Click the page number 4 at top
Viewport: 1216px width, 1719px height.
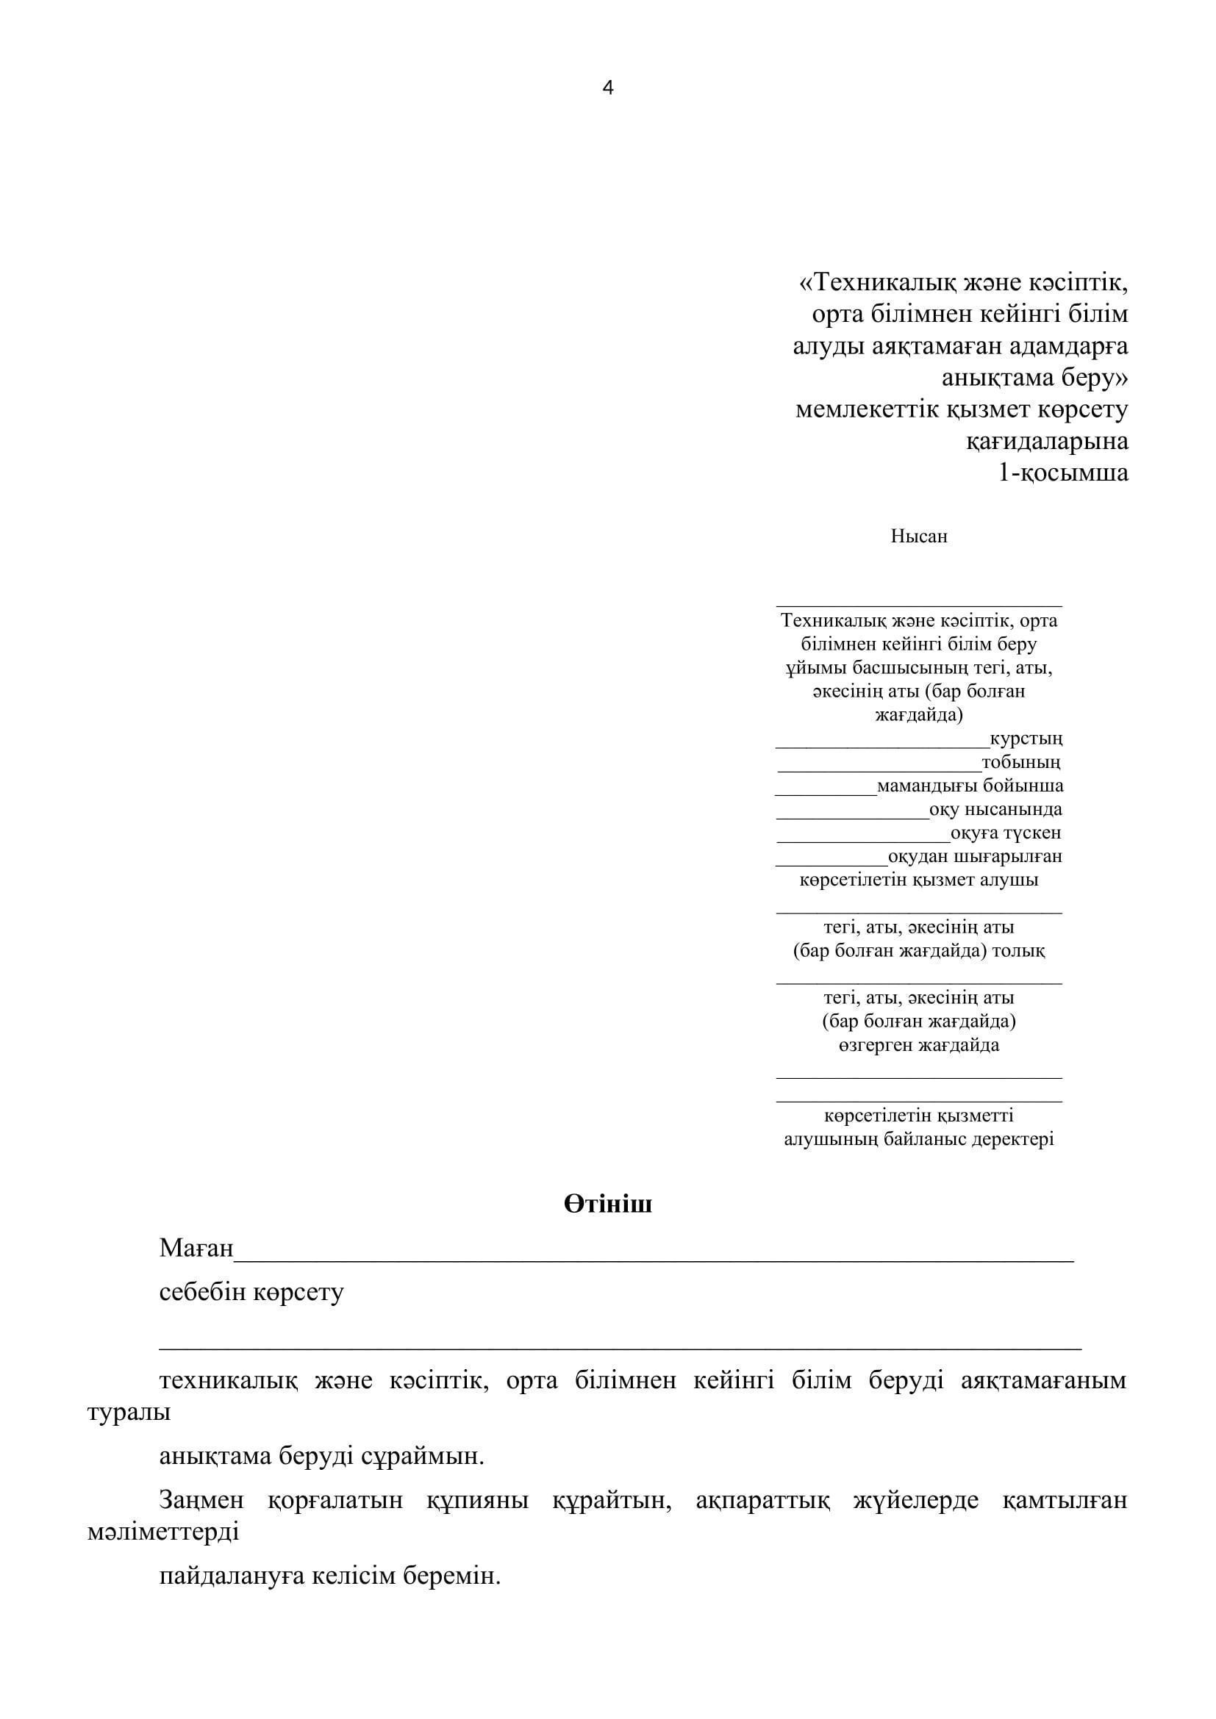[607, 88]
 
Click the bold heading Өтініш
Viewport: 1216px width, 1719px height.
[607, 1203]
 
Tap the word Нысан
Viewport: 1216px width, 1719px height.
[919, 536]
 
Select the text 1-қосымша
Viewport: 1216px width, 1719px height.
[1063, 473]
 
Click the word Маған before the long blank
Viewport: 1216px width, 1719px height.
[196, 1248]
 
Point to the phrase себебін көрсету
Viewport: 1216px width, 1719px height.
[251, 1292]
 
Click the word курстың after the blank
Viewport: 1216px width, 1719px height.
[1026, 739]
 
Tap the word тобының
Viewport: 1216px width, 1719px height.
[1021, 763]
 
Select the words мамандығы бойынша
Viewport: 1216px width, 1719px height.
[970, 786]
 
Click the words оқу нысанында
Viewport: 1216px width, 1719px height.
[995, 809]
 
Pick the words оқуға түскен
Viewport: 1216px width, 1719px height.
[1006, 833]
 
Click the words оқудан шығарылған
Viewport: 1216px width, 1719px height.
[975, 855]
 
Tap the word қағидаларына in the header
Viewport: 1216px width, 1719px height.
[1047, 442]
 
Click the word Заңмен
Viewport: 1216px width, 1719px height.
[201, 1501]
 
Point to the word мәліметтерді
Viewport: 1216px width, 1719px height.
[162, 1532]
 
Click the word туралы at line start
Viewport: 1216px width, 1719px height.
[129, 1412]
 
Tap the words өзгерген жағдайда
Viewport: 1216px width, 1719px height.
[919, 1045]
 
